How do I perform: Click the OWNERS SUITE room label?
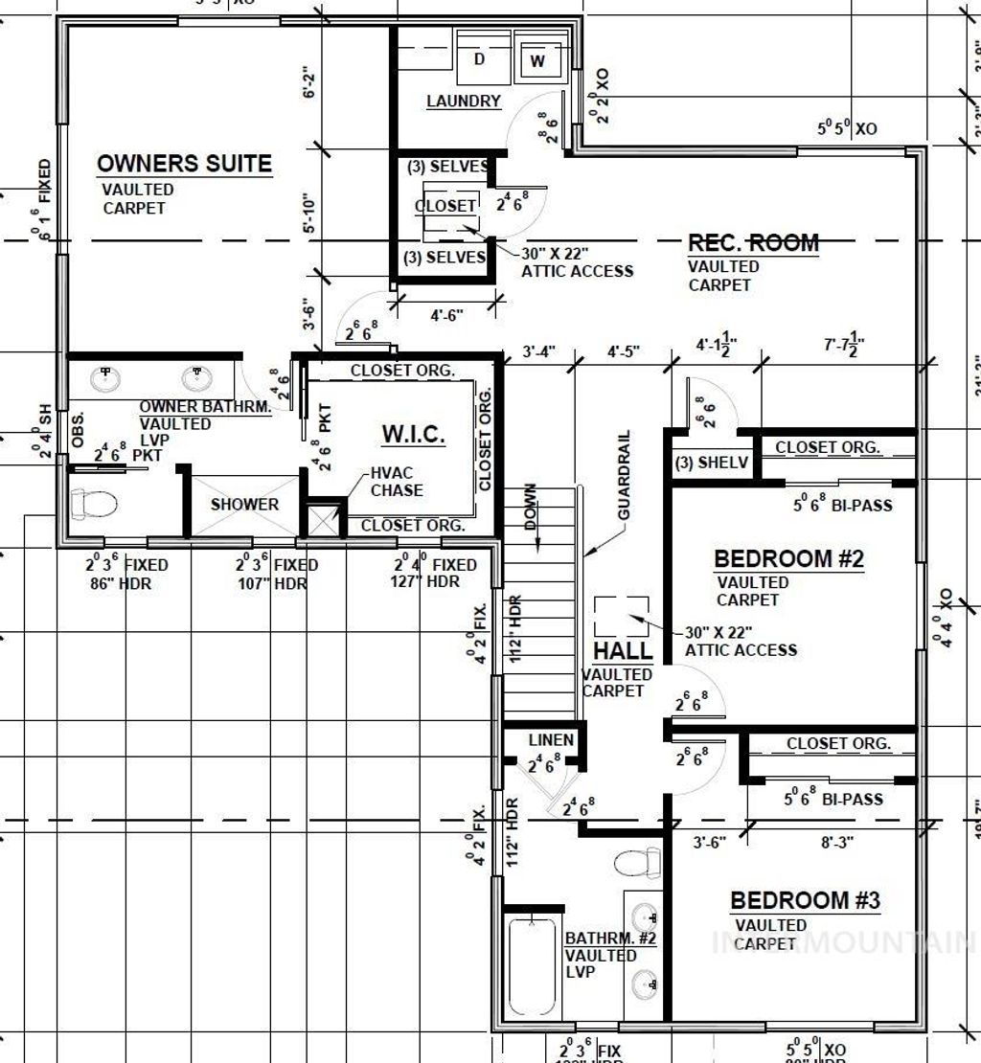[184, 164]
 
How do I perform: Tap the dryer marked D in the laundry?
[479, 60]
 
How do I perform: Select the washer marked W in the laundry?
[537, 61]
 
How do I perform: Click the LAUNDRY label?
[464, 101]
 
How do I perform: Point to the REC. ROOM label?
[753, 242]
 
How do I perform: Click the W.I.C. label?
[414, 435]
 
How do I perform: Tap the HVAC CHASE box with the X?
[325, 519]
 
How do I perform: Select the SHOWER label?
[245, 504]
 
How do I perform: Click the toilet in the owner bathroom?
[93, 504]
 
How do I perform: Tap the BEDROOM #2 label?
[789, 558]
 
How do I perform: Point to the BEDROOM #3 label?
[805, 900]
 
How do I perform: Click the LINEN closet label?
[551, 739]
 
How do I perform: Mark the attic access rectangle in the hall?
[621, 616]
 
